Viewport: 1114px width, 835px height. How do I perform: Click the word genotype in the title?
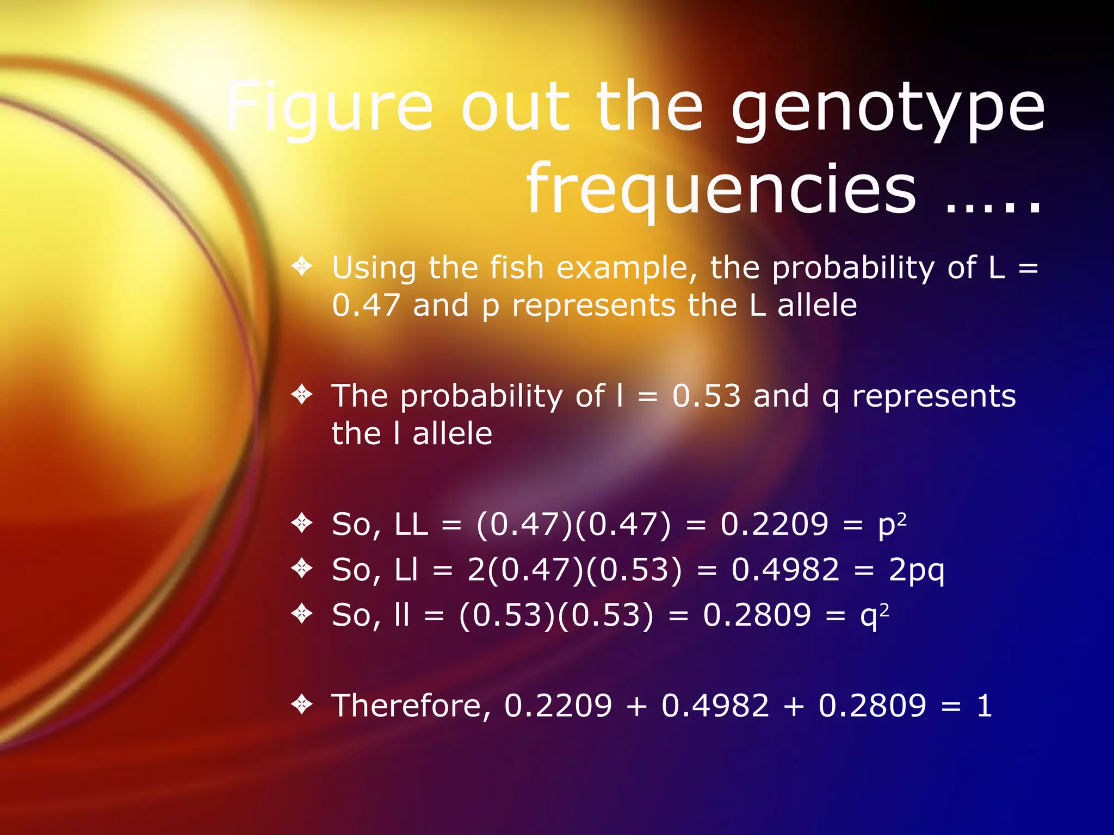point(888,109)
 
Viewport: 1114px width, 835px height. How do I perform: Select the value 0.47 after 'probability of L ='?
point(366,306)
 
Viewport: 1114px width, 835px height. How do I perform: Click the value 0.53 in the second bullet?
point(706,396)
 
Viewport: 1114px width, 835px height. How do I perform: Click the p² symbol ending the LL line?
point(892,525)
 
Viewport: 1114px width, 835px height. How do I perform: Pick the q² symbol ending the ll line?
point(874,616)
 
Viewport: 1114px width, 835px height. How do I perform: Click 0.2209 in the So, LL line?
point(774,525)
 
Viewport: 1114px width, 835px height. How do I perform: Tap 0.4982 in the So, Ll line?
point(785,570)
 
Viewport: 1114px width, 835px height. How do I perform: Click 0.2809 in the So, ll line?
point(757,615)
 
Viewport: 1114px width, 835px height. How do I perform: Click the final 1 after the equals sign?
point(984,706)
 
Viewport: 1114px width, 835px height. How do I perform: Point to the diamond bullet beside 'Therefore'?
point(301,705)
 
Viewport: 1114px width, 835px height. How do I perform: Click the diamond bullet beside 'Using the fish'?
point(301,266)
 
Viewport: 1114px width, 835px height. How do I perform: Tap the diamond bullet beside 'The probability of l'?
point(301,394)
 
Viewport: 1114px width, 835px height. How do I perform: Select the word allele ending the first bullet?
point(816,306)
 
